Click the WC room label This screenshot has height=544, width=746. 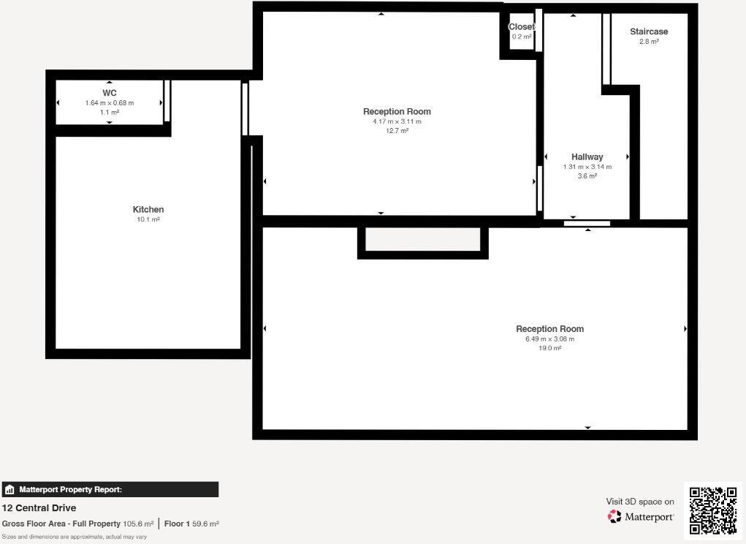coord(110,93)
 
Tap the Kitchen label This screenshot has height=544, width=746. coord(148,210)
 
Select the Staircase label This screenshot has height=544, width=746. coord(649,31)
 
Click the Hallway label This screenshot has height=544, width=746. coord(587,156)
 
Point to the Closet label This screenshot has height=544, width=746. coord(521,27)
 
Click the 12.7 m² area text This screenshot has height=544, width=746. coord(397,131)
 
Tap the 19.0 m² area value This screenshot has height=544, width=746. coord(549,348)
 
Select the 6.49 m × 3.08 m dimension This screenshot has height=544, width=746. coord(549,339)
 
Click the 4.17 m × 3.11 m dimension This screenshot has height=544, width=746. coord(397,121)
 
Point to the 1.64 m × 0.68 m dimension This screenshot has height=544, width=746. coord(110,103)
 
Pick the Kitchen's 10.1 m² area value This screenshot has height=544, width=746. coord(148,219)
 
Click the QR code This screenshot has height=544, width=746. coord(712,510)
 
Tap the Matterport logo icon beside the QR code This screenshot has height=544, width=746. coord(614,516)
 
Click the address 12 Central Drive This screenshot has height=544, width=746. coord(39,508)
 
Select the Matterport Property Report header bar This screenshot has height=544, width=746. coord(110,490)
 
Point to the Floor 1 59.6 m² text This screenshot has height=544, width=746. coord(191,524)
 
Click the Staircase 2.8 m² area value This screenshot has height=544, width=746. coord(649,42)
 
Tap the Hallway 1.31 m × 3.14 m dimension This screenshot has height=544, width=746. coord(587,167)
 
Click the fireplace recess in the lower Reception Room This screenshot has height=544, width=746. coord(422,241)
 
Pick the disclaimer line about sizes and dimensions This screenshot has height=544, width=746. coord(75,537)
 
